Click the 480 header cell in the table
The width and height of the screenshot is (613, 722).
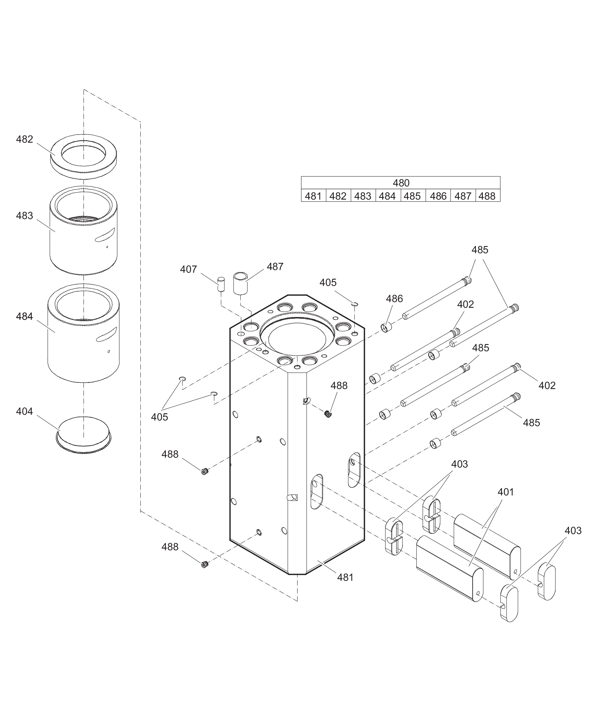tap(401, 183)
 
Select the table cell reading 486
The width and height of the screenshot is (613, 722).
tap(438, 196)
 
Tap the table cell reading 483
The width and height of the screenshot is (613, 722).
tap(363, 196)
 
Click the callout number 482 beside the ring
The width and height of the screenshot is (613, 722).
tap(24, 139)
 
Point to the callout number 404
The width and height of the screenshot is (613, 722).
tap(24, 411)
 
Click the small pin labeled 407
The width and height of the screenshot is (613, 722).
tap(221, 284)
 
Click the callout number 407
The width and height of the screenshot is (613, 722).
tap(188, 269)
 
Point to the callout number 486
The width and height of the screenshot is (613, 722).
tap(394, 299)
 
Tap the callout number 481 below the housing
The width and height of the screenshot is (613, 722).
tap(345, 577)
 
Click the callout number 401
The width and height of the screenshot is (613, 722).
tap(506, 492)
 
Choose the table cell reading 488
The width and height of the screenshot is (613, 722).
tap(487, 196)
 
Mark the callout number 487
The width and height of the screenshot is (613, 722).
tap(275, 266)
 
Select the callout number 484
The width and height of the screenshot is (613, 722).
tap(24, 316)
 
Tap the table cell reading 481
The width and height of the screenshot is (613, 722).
tap(313, 196)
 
